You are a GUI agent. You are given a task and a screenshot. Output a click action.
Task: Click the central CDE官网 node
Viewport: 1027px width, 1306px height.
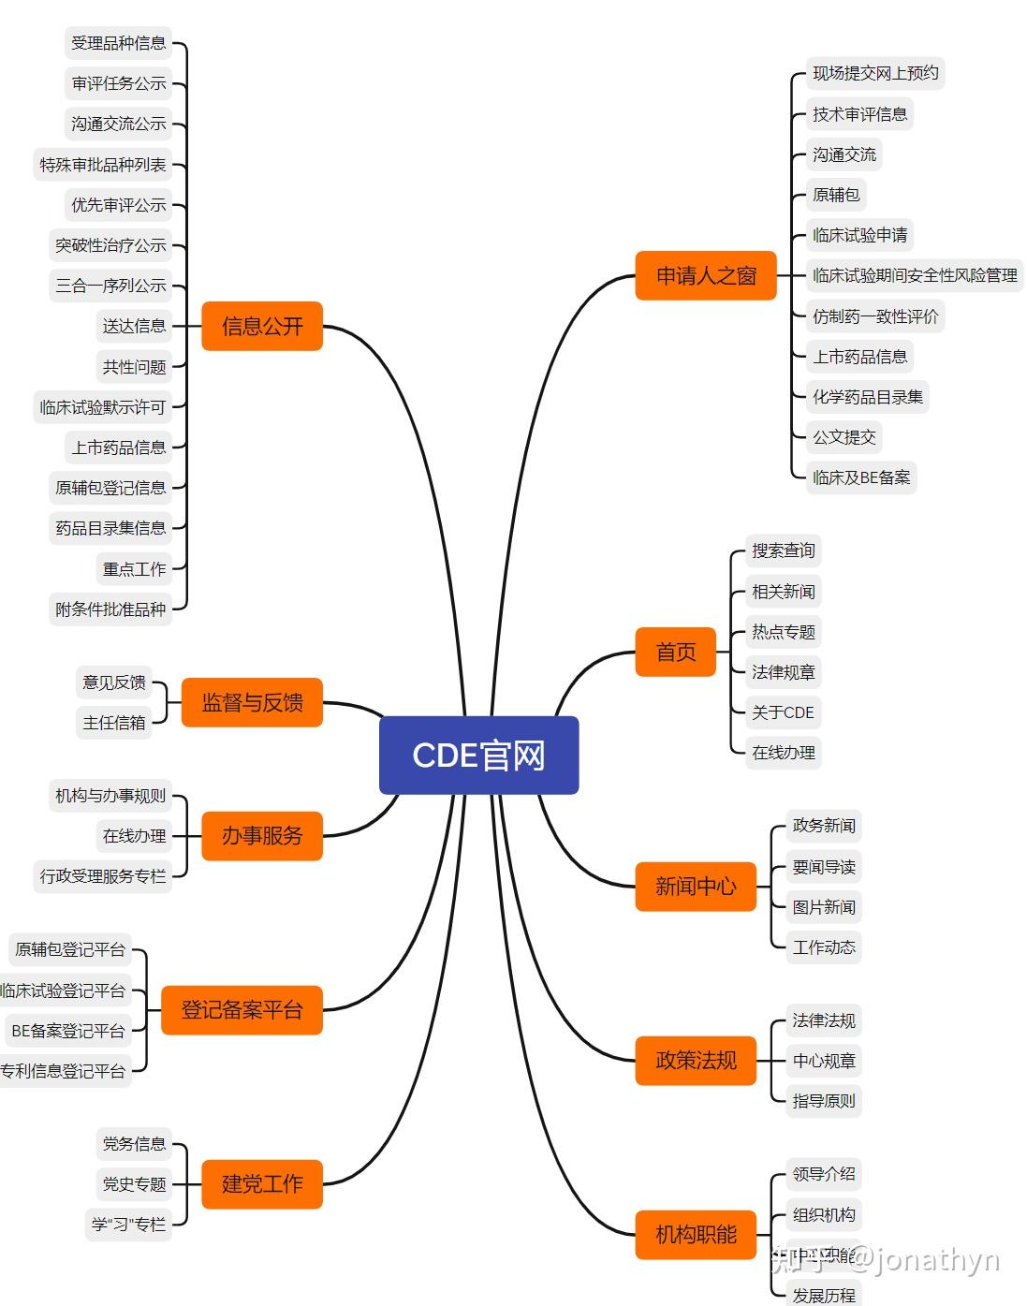[478, 755]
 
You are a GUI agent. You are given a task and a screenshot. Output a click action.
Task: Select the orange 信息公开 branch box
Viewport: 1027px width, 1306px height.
[262, 326]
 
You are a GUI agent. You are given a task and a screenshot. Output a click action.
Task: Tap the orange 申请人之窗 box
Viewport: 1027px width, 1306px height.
[706, 275]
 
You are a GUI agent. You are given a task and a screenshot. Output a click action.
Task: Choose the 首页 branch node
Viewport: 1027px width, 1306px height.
[676, 652]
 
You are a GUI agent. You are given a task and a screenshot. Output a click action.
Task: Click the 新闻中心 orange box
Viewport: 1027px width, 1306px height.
[696, 886]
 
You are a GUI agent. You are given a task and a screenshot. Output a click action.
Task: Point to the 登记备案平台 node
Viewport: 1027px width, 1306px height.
[242, 1010]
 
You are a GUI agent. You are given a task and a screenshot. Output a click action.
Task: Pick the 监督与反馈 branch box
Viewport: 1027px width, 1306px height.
[252, 702]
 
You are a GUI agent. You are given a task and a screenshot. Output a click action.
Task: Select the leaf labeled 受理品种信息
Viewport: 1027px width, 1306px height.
[119, 43]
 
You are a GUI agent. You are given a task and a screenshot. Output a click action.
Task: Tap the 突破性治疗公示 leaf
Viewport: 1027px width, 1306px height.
[110, 245]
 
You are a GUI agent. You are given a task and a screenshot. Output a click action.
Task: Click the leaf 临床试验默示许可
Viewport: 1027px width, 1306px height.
[103, 407]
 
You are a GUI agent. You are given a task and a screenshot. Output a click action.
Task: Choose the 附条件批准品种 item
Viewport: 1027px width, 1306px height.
[110, 609]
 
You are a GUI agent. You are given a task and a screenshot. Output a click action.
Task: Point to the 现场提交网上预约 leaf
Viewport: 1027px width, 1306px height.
[875, 73]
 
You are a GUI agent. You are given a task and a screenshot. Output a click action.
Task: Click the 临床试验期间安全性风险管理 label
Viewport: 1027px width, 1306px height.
[915, 275]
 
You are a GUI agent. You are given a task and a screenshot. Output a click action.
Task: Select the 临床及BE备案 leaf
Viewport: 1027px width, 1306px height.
[861, 477]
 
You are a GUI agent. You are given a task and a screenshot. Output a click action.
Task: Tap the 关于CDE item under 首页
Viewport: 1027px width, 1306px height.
[783, 712]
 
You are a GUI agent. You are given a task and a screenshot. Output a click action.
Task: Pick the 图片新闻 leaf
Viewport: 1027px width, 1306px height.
[824, 907]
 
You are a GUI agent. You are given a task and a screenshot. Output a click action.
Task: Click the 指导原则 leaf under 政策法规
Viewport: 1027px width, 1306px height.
[824, 1101]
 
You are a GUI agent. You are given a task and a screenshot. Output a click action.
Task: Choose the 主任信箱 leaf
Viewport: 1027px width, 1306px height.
[114, 723]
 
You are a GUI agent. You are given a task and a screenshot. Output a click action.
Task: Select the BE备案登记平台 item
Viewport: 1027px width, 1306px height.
[68, 1031]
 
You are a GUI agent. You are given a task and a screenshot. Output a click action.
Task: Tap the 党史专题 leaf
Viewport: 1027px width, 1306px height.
[135, 1184]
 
